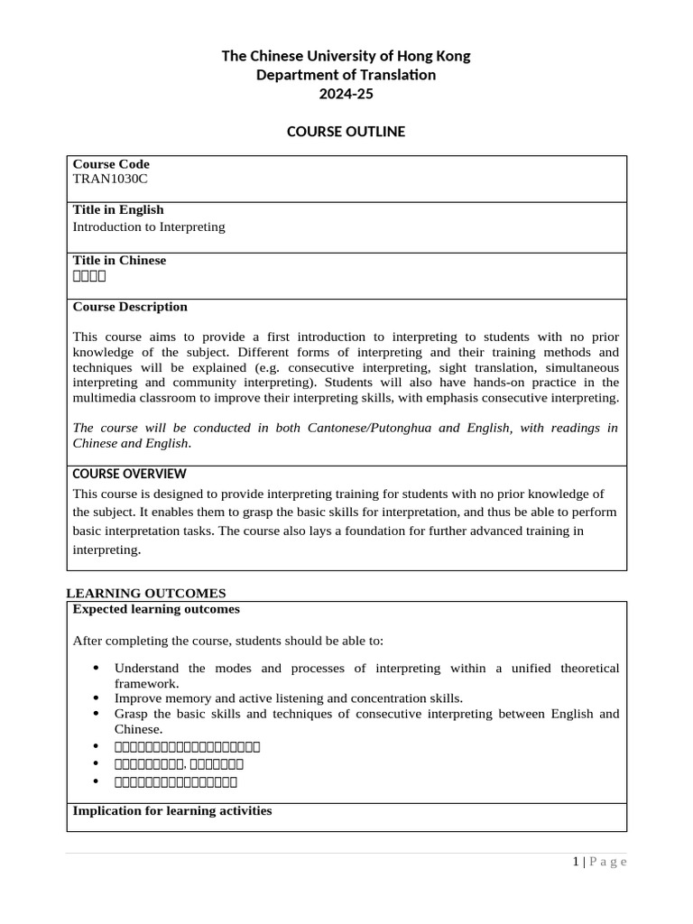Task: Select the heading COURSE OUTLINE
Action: point(346,132)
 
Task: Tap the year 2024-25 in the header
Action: point(346,94)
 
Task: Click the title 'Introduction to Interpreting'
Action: point(149,226)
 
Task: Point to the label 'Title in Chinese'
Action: point(119,261)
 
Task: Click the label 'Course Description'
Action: point(130,307)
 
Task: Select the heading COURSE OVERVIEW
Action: point(129,474)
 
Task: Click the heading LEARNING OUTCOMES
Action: point(146,593)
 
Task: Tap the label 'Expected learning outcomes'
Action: point(156,609)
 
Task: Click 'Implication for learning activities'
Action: point(171,810)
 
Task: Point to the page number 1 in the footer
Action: point(576,862)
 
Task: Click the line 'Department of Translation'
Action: point(346,75)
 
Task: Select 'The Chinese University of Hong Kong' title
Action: point(346,56)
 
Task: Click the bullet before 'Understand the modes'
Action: point(97,669)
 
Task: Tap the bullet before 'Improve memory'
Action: point(97,698)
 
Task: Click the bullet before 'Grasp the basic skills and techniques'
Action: point(97,714)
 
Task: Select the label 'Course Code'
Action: point(111,164)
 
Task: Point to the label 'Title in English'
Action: point(118,210)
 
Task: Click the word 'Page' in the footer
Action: point(608,862)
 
